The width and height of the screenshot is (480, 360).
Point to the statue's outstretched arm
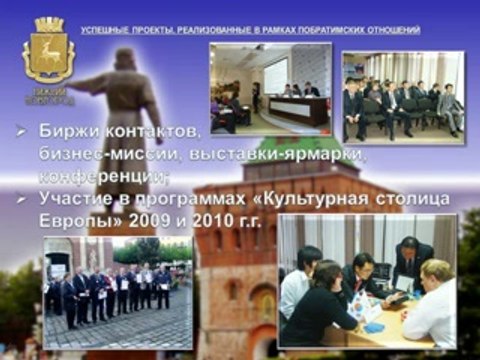85,85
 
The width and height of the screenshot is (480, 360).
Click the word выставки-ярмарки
263,153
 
